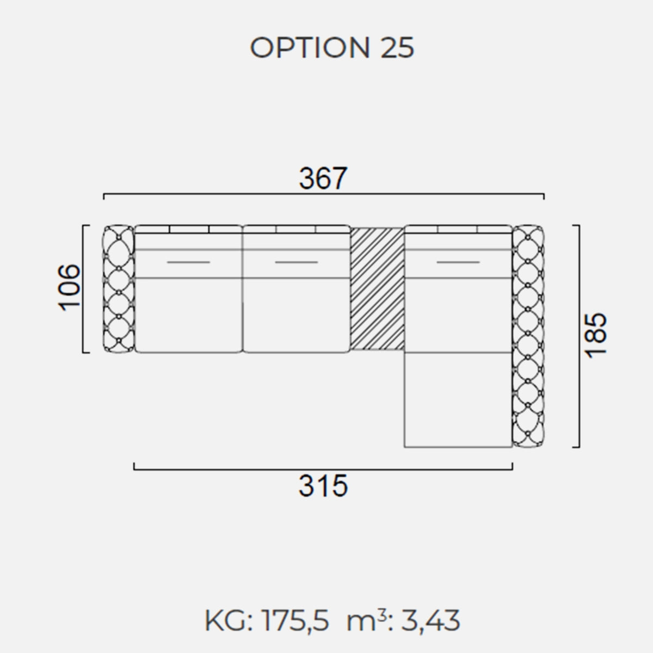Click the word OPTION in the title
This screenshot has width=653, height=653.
310,47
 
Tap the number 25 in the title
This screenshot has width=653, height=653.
397,47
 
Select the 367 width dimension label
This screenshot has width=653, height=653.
323,178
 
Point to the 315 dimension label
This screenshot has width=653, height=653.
323,485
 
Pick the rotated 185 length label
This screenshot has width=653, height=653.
596,335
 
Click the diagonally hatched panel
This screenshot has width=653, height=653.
377,289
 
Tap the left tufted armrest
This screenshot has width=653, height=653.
119,288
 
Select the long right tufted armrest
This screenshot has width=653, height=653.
528,336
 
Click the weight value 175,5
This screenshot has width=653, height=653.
294,620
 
